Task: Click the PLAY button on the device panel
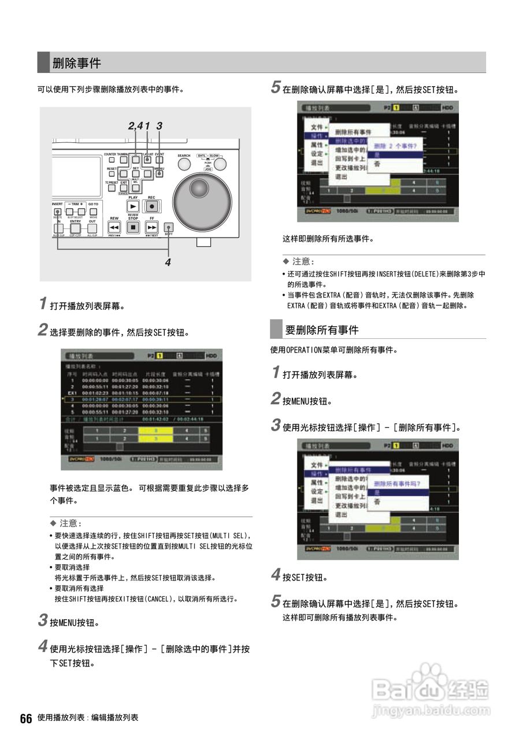[133, 206]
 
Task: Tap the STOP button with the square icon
[133, 227]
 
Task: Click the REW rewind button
[114, 227]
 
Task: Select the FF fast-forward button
[152, 227]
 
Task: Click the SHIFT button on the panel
[169, 227]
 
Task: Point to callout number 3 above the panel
[159, 126]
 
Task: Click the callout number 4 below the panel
[168, 262]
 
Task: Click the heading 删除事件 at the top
[76, 63]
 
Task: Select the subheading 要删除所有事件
[322, 330]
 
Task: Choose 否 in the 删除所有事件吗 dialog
[377, 502]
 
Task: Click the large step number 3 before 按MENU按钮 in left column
[43, 621]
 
